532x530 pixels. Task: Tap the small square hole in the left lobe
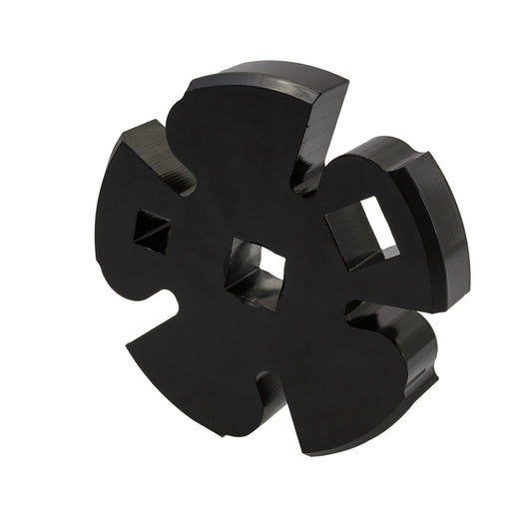click(151, 233)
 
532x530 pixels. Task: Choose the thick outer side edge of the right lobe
click(444, 230)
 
